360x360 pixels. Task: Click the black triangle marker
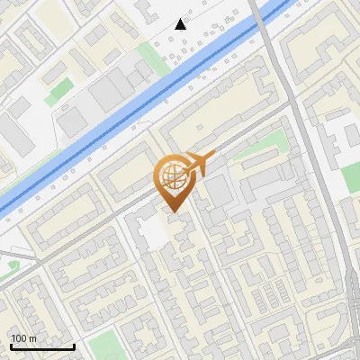tap(181, 23)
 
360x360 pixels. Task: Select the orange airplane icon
tap(201, 163)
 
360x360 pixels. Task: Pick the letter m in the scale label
tap(32, 338)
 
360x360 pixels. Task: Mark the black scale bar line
tap(42, 347)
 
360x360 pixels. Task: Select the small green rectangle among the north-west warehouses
tap(60, 90)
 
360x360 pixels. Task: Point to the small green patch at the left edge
tap(13, 265)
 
